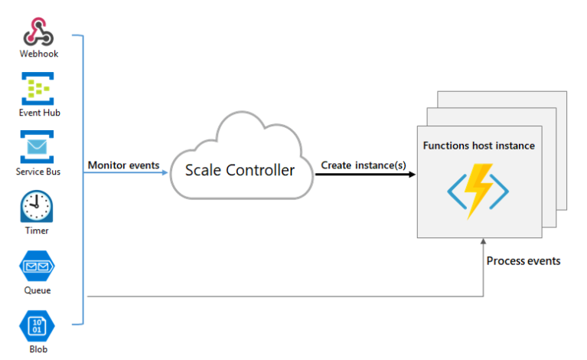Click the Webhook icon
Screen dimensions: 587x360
tap(38, 32)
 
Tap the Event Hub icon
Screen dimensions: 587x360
tap(38, 88)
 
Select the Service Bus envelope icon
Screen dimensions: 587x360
tap(37, 147)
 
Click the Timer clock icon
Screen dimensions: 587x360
tap(37, 206)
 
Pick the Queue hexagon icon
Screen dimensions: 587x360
tap(37, 266)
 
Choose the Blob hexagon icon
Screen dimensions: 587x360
tap(37, 326)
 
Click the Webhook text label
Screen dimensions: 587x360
tap(39, 54)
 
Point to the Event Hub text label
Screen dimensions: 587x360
tap(39, 113)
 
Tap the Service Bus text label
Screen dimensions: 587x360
tap(38, 172)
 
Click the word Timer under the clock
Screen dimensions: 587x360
tap(37, 231)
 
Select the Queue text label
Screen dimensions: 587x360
tap(38, 290)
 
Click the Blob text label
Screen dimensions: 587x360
tap(38, 349)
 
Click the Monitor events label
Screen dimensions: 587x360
tap(123, 165)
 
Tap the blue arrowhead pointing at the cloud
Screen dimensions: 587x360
tap(165, 172)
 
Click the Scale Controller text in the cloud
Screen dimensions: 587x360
tap(240, 171)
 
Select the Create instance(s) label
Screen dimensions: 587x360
tap(364, 165)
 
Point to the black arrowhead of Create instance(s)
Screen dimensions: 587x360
tap(412, 174)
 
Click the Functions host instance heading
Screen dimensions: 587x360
tap(479, 146)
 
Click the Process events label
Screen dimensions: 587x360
tap(523, 260)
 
